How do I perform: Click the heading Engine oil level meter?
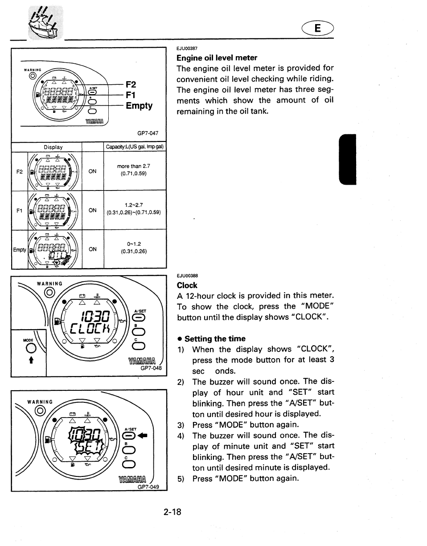217,58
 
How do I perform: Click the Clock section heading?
187,285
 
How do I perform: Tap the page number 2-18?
172,512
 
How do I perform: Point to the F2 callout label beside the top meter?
131,84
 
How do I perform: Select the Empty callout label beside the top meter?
139,106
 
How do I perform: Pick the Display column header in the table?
53,147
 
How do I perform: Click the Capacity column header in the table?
135,147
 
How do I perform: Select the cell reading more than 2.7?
134,166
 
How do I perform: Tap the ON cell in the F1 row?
93,211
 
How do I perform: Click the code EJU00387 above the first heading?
187,48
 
